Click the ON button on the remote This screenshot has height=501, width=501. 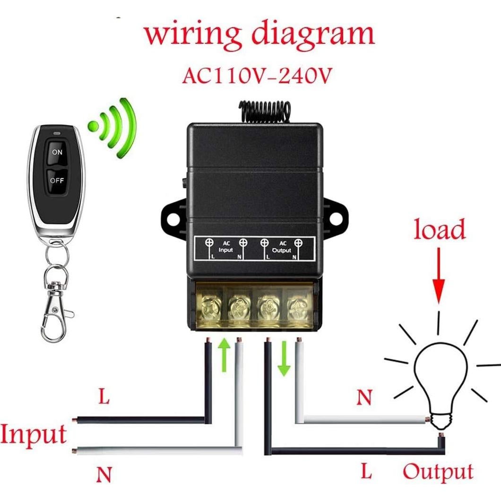[57, 153]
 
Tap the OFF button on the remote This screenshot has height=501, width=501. [57, 180]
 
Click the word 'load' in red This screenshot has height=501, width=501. [440, 230]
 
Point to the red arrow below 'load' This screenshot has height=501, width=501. [440, 279]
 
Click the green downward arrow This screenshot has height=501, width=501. [284, 359]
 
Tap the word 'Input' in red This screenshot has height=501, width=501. [34, 434]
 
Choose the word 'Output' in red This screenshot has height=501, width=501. [438, 471]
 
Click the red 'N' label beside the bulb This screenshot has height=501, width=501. [364, 398]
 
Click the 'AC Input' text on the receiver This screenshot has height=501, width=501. [225, 246]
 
